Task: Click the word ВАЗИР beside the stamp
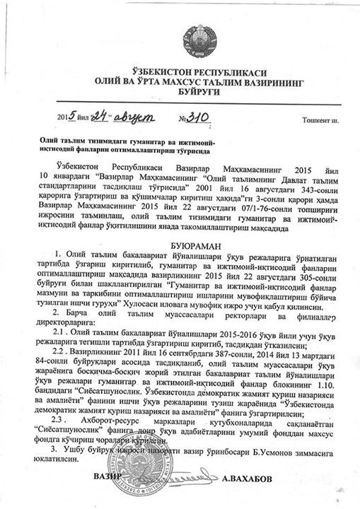108,476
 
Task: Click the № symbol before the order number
186,117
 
